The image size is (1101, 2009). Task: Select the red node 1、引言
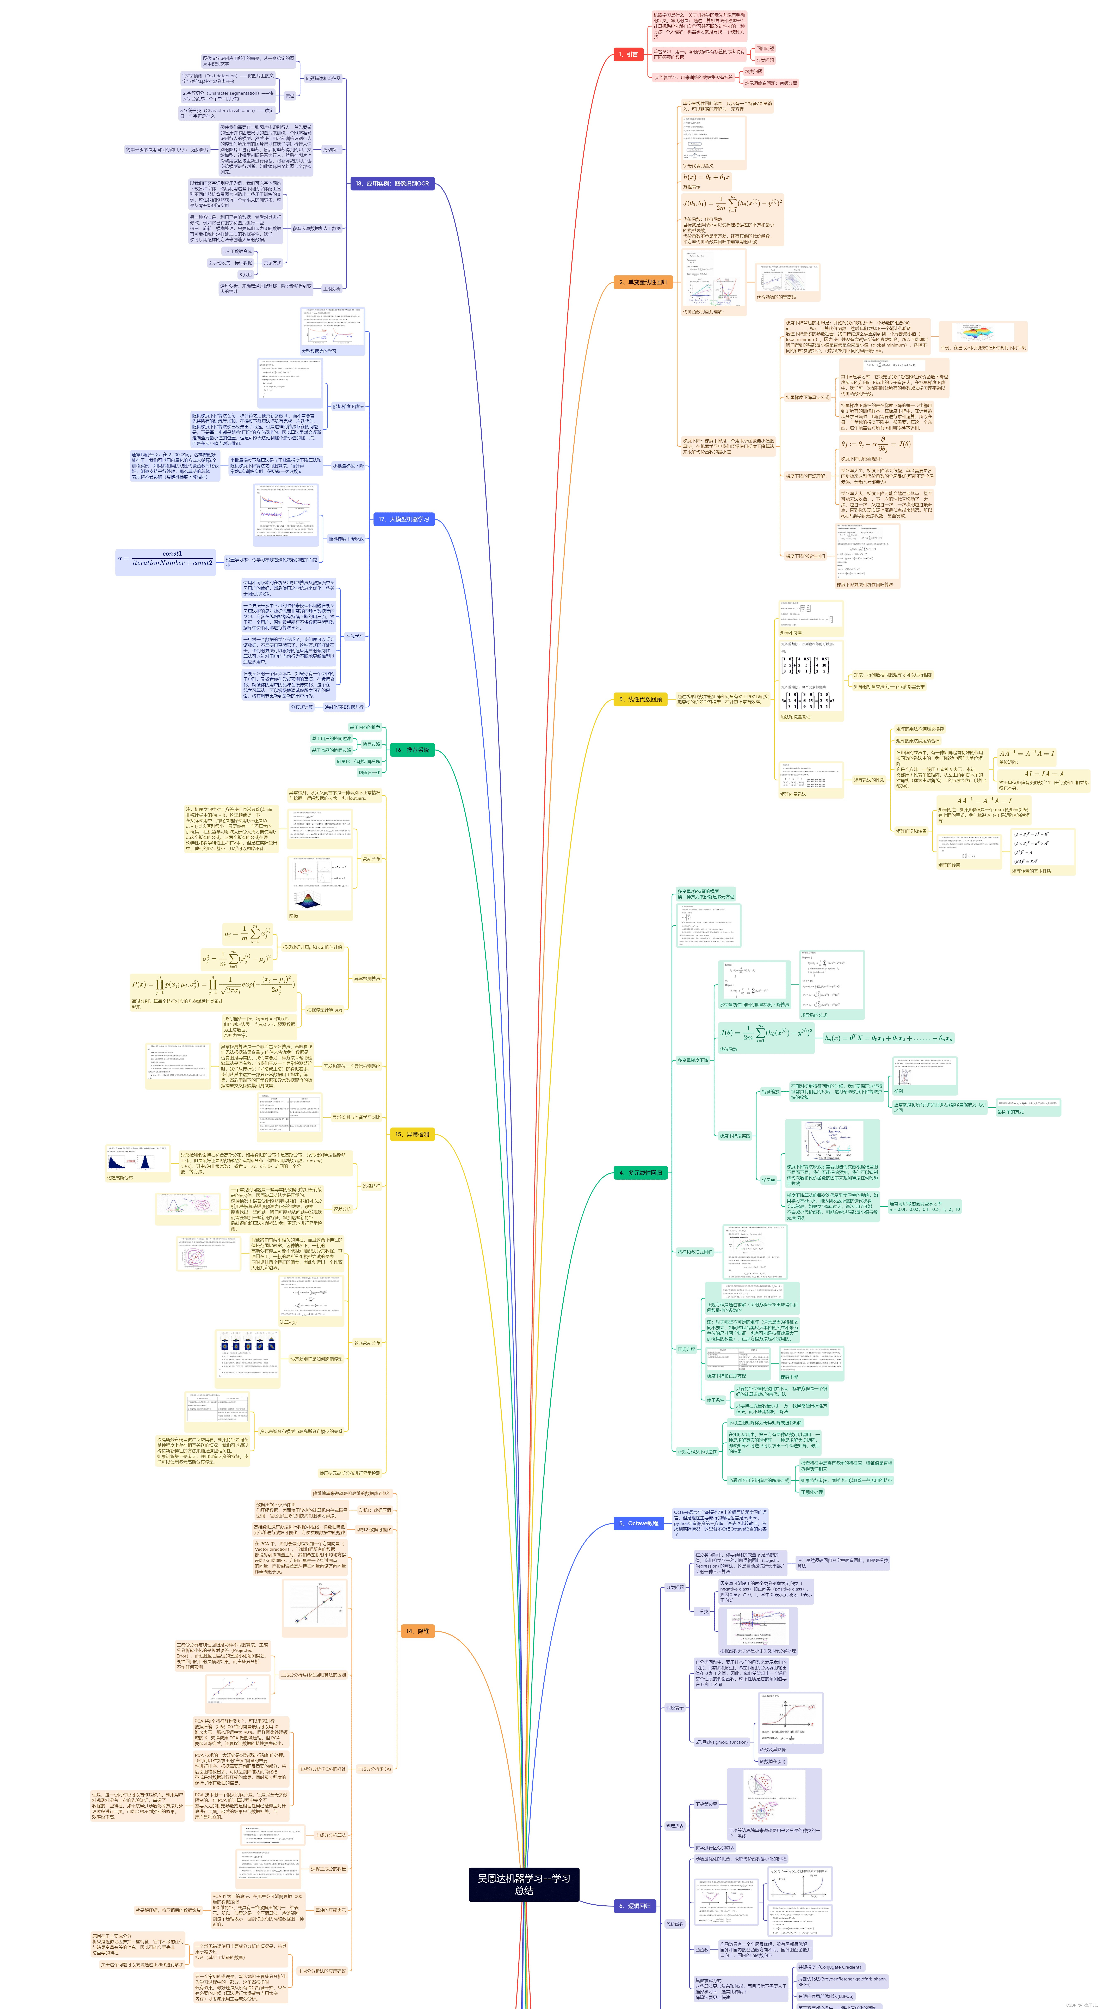click(628, 55)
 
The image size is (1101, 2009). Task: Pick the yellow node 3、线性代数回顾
click(640, 700)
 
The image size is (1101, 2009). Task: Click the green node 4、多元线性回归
click(640, 1173)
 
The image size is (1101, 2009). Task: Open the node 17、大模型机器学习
click(403, 519)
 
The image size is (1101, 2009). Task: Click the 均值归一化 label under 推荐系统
click(370, 772)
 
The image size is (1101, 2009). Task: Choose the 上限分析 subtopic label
click(331, 289)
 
